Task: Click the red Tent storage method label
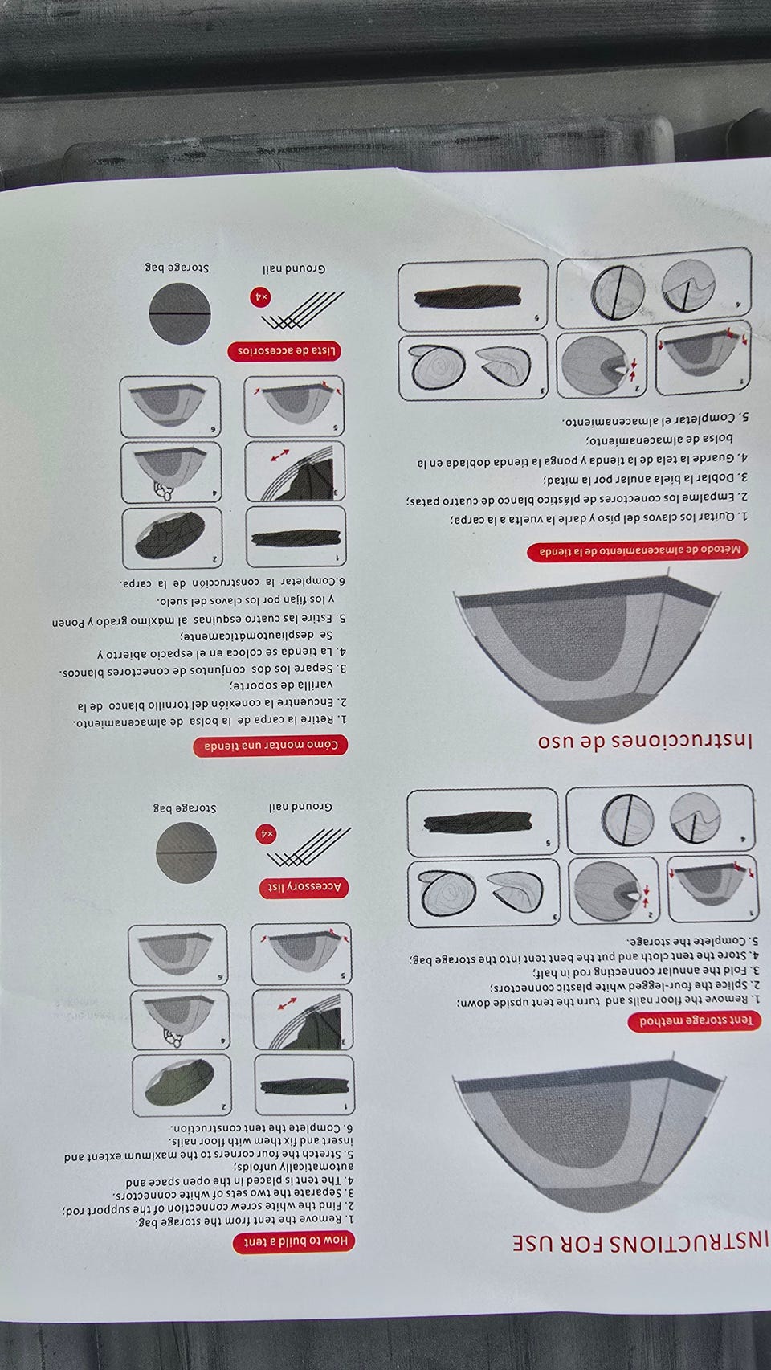(x=694, y=1020)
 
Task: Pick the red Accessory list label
(x=304, y=887)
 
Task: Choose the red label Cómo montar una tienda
(x=270, y=746)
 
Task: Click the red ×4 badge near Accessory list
(x=267, y=833)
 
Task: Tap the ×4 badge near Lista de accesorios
(x=261, y=297)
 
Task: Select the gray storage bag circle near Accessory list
(x=186, y=852)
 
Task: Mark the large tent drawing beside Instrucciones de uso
(x=588, y=649)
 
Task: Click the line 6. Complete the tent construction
(x=263, y=1127)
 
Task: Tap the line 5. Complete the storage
(x=694, y=940)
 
